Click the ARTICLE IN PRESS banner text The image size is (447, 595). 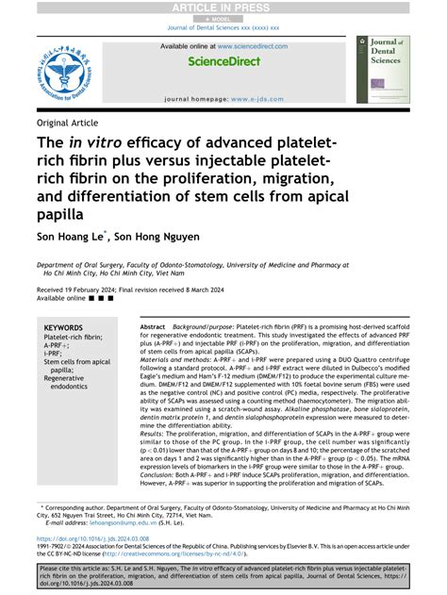[x=223, y=8]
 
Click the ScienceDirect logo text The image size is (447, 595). [x=223, y=61]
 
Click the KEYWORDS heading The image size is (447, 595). [x=63, y=328]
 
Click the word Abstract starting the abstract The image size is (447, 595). [x=154, y=325]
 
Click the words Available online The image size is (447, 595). [x=57, y=298]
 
